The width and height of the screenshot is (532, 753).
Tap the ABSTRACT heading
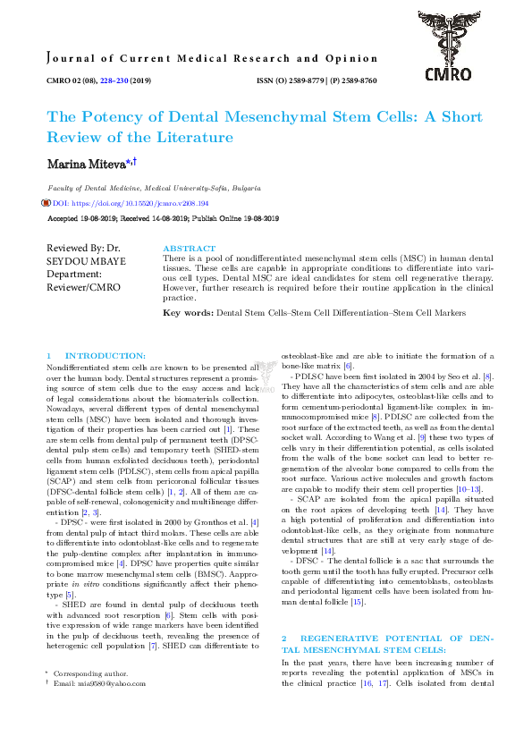click(189, 248)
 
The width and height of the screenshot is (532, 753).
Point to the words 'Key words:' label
click(188, 314)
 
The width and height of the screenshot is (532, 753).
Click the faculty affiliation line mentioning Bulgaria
click(155, 189)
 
